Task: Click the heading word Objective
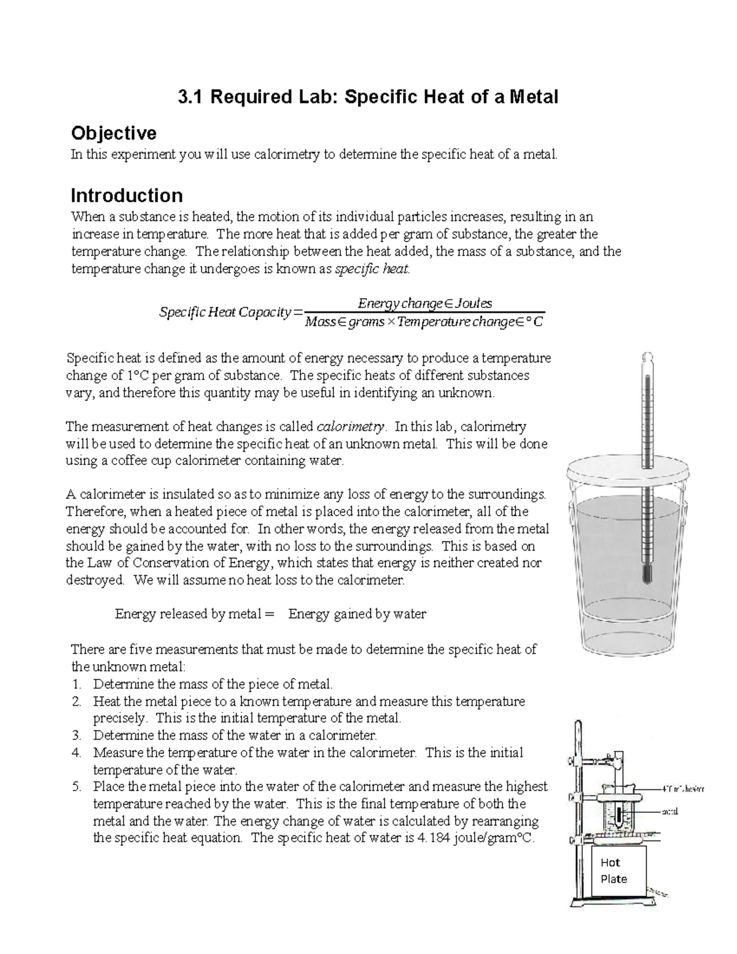114,133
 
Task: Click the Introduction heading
127,195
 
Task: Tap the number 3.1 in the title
191,96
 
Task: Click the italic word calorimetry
350,426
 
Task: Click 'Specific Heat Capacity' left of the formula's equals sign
225,312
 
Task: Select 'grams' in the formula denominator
366,322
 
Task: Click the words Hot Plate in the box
614,870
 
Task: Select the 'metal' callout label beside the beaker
670,811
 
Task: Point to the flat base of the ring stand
608,901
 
